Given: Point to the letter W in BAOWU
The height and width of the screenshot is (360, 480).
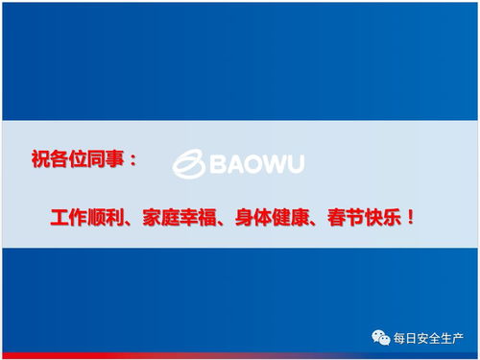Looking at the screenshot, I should (x=272, y=165).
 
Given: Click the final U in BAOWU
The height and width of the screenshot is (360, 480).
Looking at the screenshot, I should (x=294, y=165).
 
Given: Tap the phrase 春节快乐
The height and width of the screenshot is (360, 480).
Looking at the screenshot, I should (x=355, y=218).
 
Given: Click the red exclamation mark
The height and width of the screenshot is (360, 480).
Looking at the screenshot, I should (x=410, y=218).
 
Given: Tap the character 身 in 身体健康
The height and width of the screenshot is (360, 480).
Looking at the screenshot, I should (x=241, y=218).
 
